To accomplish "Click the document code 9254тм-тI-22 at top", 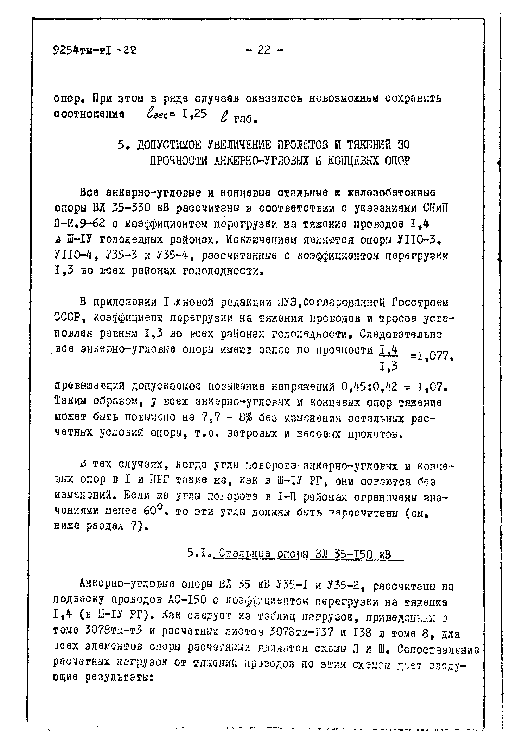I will coord(94,50).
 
